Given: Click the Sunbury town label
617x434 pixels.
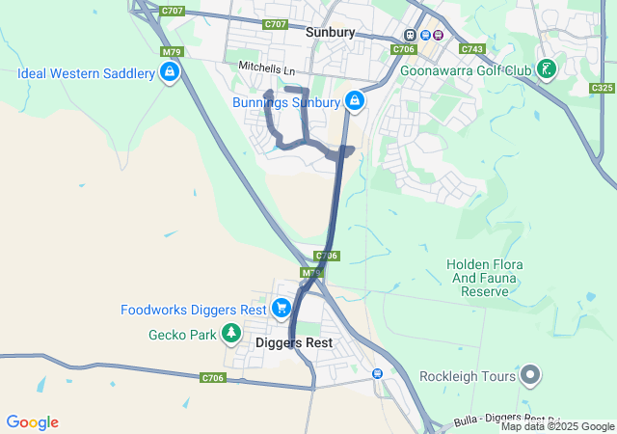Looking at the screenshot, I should [x=331, y=32].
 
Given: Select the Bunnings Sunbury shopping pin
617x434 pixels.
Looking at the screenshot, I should [x=355, y=100].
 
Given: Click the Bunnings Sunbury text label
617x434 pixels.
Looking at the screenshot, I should [x=286, y=101].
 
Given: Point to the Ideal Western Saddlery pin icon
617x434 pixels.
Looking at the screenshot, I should [x=170, y=72].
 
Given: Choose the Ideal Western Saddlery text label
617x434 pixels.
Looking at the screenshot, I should [x=86, y=73].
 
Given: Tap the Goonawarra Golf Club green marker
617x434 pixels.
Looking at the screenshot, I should [x=547, y=69].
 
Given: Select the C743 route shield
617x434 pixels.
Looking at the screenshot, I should [x=472, y=48].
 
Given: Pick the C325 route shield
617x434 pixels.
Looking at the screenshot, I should [x=602, y=88].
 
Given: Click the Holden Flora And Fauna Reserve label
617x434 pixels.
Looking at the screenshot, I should [x=484, y=278].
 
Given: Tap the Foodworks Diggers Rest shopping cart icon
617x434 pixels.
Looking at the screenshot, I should [x=281, y=309].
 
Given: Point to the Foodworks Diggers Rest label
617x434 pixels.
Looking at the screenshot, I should [x=193, y=311].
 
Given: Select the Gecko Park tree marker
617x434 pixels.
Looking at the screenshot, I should [x=231, y=334].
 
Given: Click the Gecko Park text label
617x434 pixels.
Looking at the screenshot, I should [x=180, y=336].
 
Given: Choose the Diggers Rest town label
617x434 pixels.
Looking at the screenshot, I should [x=294, y=342].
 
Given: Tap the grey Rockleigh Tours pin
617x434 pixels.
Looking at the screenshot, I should [x=530, y=375].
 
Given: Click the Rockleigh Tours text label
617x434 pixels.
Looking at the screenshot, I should [x=466, y=376].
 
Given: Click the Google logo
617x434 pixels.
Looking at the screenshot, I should [x=32, y=422].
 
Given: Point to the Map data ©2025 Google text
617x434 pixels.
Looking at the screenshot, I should [x=557, y=427].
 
